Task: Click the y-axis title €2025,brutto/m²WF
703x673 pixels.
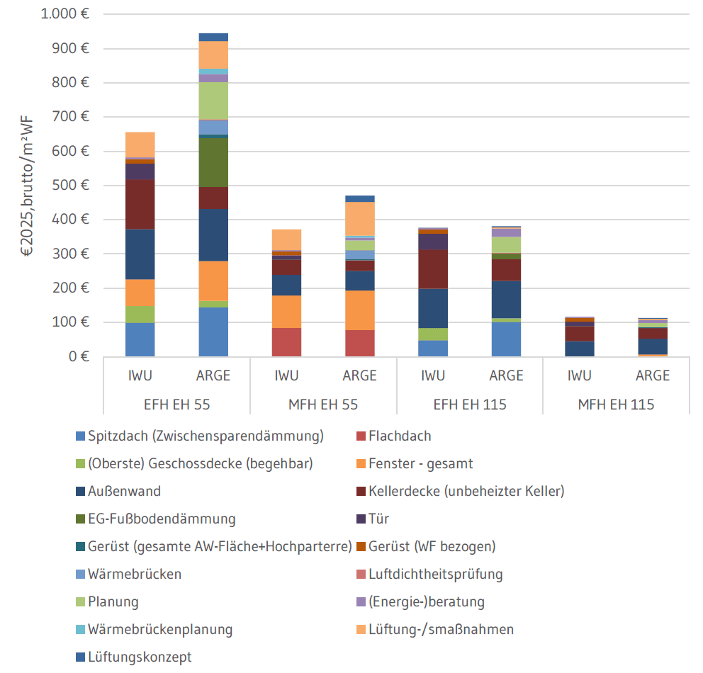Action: click(26, 185)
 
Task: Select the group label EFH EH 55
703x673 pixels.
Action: click(176, 405)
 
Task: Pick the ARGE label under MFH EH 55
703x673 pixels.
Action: click(359, 375)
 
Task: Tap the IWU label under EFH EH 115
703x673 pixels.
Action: click(432, 375)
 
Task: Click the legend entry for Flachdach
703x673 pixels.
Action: click(400, 436)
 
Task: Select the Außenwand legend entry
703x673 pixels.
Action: click(124, 492)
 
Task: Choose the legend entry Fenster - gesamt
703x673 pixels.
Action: click(420, 464)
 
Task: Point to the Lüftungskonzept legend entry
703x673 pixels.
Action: click(140, 657)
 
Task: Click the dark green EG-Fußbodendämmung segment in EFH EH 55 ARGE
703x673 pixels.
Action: click(213, 162)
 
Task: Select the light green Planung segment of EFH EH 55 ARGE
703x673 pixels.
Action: click(213, 101)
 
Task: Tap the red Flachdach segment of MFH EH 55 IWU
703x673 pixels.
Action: click(286, 342)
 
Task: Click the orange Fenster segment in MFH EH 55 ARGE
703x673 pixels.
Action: click(359, 310)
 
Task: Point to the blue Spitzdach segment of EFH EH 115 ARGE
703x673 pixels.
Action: click(506, 339)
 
